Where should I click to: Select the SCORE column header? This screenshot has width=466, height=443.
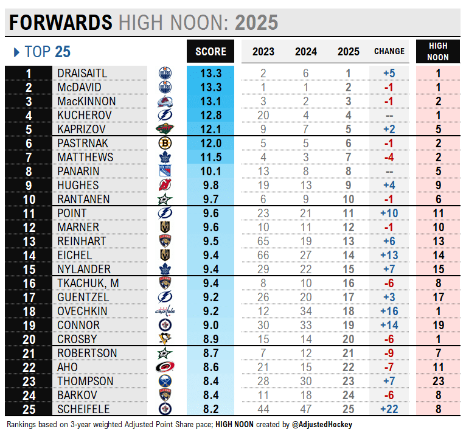pyautogui.click(x=210, y=52)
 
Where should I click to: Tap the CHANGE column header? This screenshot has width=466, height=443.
pyautogui.click(x=389, y=52)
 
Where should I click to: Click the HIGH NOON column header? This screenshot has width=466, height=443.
pyautogui.click(x=438, y=51)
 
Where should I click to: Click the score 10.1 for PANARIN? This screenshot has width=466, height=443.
pyautogui.click(x=210, y=171)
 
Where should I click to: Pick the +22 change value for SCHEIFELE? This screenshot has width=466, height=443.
pyautogui.click(x=389, y=409)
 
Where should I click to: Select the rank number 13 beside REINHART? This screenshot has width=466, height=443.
pyautogui.click(x=28, y=241)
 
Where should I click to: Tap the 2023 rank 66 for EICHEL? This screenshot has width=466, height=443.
pyautogui.click(x=263, y=255)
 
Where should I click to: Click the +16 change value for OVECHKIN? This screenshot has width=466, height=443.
pyautogui.click(x=389, y=311)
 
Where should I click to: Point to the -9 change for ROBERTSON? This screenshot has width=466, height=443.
pyautogui.click(x=389, y=353)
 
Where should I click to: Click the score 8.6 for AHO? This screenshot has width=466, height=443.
pyautogui.click(x=210, y=367)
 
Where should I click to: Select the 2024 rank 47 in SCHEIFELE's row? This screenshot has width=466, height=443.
pyautogui.click(x=305, y=409)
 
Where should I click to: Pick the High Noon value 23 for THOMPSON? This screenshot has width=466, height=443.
pyautogui.click(x=438, y=381)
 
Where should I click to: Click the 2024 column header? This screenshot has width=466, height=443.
pyautogui.click(x=305, y=52)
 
